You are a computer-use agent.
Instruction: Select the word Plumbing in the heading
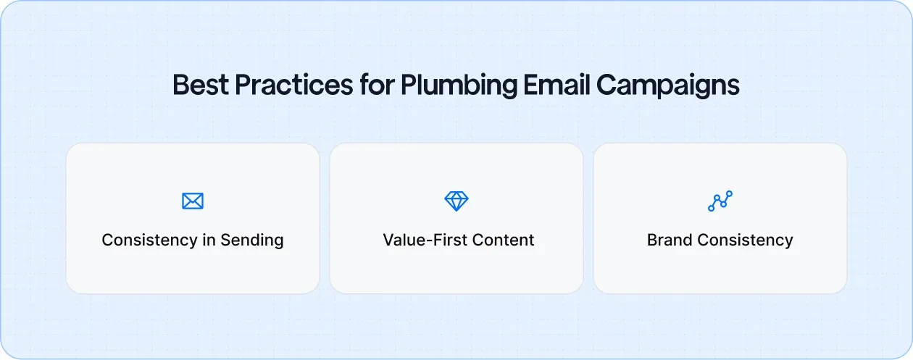coord(459,85)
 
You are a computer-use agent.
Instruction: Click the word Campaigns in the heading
coord(667,85)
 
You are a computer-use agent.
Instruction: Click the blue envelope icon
coord(193,201)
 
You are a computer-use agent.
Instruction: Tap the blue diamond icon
coord(456,201)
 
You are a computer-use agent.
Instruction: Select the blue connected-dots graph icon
coord(720,201)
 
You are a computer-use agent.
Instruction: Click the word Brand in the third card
coord(668,240)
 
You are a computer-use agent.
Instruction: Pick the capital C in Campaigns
coord(607,85)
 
